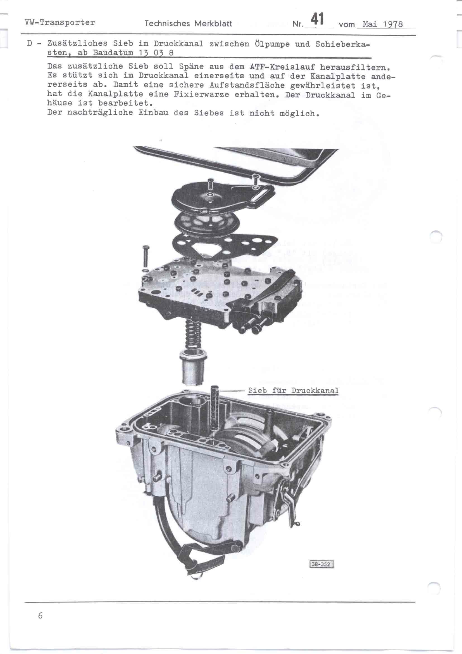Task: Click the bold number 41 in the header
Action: [x=317, y=19]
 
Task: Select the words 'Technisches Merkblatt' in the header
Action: [x=188, y=23]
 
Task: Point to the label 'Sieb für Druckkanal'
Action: [x=293, y=390]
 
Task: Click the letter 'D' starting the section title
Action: [x=30, y=44]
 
